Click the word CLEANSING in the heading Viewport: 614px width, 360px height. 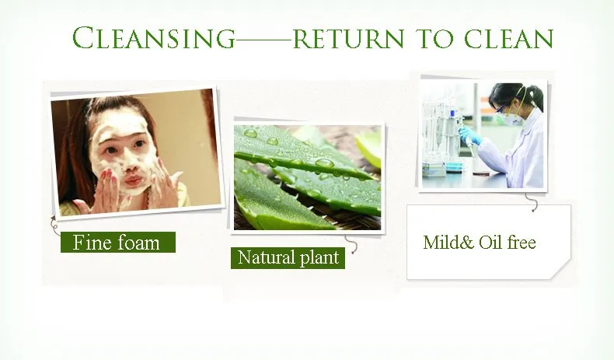click(x=154, y=38)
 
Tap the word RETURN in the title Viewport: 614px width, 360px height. click(x=348, y=39)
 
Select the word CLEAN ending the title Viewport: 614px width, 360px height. click(x=509, y=39)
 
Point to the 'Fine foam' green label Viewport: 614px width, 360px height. click(x=118, y=242)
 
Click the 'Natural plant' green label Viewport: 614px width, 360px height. click(x=288, y=258)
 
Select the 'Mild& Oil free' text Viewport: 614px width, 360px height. click(x=480, y=242)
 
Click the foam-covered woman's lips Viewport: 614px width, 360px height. click(x=133, y=180)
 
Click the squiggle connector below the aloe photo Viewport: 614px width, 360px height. click(x=351, y=244)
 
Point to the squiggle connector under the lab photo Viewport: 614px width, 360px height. click(x=532, y=202)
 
